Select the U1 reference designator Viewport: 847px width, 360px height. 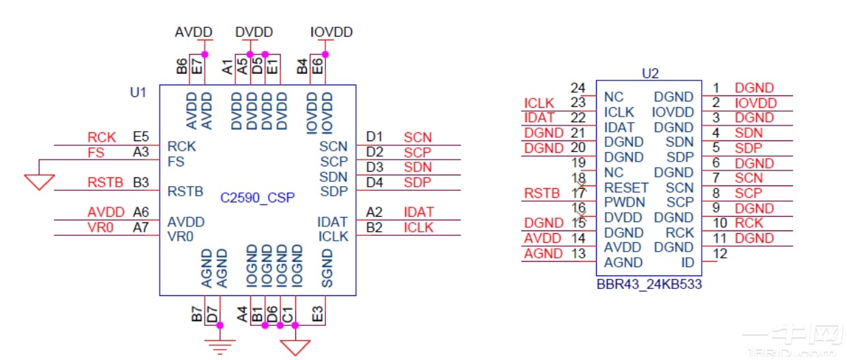[138, 92]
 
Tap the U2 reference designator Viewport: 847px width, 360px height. [651, 73]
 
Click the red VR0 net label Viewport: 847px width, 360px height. [100, 228]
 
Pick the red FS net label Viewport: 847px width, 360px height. [96, 153]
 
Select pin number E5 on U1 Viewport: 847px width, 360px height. [141, 138]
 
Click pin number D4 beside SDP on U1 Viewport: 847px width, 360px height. [375, 182]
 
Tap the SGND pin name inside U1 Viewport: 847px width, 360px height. [327, 267]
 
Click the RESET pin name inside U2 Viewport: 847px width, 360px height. [626, 187]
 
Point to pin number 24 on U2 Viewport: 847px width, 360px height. [578, 88]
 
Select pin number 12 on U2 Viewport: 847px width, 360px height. [719, 254]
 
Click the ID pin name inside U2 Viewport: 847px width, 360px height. [687, 262]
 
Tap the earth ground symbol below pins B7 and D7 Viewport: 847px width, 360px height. [220, 346]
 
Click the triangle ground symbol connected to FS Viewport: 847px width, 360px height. [39, 181]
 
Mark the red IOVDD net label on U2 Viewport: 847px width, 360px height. [756, 103]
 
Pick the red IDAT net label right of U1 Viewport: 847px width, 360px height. [418, 213]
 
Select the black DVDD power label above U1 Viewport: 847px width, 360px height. [254, 33]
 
